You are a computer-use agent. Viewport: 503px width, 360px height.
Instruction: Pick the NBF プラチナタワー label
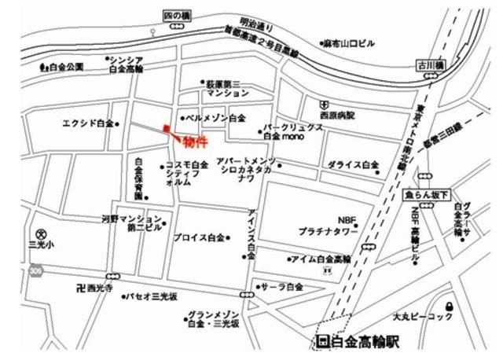[x=329, y=226]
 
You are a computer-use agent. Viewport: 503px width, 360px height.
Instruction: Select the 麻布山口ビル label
[x=349, y=43]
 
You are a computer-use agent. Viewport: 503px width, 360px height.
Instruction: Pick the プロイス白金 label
[x=199, y=237]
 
